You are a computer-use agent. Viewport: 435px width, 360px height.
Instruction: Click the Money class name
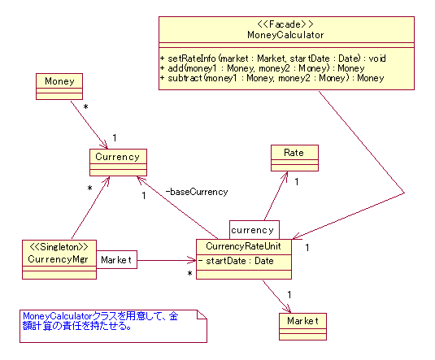59,81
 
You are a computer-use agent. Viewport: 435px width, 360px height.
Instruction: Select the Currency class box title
117,157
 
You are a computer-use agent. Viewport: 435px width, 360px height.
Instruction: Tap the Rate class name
294,153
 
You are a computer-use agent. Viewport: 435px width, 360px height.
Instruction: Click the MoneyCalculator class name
285,35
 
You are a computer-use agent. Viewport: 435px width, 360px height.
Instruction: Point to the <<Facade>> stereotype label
285,24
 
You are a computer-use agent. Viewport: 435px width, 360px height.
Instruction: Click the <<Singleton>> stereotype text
59,247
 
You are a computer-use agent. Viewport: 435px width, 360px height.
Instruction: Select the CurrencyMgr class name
58,259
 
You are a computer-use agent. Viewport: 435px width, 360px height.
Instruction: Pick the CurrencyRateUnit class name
243,246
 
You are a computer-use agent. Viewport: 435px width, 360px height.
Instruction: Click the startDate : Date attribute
236,261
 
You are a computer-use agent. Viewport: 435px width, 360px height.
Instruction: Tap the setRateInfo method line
273,59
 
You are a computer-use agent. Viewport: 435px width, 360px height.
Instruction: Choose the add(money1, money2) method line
262,68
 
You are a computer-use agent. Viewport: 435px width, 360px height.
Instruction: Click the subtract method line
272,78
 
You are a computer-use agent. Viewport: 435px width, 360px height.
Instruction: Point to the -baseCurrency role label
197,192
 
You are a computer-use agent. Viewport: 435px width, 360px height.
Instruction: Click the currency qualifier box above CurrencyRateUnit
254,230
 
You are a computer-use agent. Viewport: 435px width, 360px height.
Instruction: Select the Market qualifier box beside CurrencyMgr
116,259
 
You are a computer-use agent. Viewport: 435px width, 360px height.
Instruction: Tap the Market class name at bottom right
302,321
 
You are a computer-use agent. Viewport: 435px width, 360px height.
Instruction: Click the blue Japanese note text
100,321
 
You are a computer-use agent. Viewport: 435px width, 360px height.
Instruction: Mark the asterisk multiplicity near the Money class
85,107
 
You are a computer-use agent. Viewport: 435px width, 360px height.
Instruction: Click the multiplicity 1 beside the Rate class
297,182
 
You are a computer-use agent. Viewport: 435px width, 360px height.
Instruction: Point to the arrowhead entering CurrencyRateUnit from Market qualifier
192,260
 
